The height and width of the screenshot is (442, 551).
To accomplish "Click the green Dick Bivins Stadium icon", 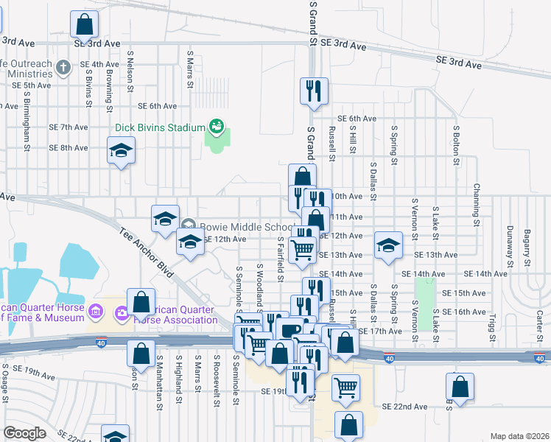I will pos(217,127).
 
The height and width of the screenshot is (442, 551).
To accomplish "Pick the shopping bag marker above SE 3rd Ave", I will pos(85,25).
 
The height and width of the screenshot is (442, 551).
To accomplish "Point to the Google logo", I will pos(25,432).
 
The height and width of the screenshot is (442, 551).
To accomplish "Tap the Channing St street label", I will pos(477,205).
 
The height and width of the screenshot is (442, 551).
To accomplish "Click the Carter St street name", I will pos(539,325).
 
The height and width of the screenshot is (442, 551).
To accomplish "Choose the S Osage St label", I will pos(5,382).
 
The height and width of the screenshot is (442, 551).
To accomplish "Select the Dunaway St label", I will pos(508,247).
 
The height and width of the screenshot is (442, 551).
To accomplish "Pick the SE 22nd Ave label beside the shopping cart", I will pos(404,407).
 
